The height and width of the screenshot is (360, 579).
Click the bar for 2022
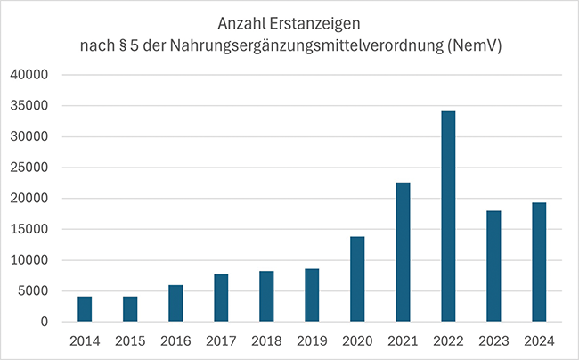click(448, 217)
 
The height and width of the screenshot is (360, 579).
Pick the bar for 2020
click(357, 279)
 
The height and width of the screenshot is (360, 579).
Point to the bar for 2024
click(539, 262)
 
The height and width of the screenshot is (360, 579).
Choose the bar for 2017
click(221, 298)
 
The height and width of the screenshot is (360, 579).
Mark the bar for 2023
click(493, 266)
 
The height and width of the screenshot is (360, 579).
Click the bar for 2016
click(175, 303)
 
